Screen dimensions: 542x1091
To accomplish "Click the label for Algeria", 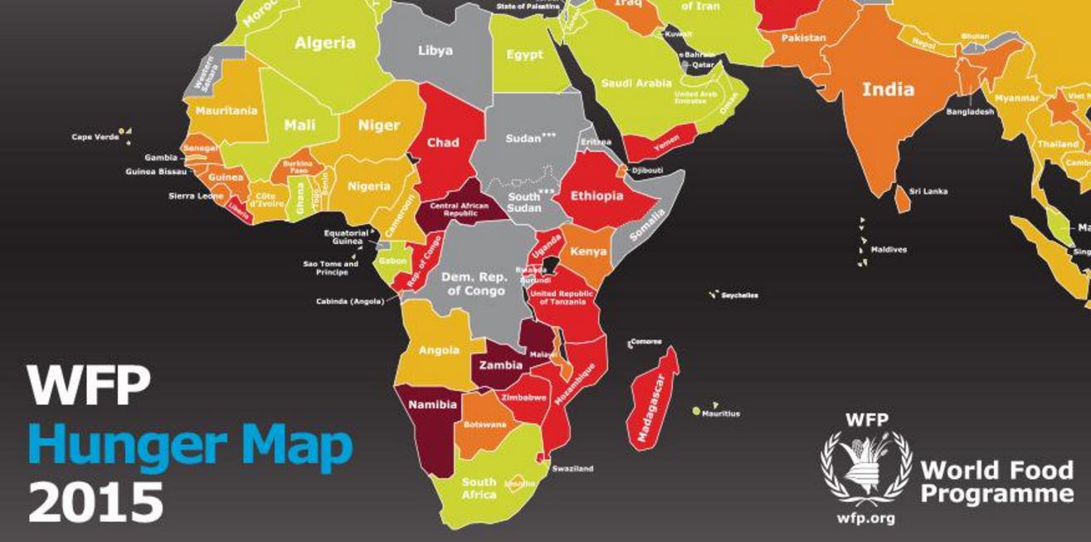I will tap(324, 43).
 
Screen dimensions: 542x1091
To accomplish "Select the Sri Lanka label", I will tap(928, 192).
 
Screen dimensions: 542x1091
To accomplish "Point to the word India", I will tap(888, 89).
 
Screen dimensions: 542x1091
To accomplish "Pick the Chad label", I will tap(443, 144).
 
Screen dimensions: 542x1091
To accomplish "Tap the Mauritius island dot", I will tap(696, 411).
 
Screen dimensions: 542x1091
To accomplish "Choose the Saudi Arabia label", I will tap(636, 83).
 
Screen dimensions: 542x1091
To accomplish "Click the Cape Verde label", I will tap(95, 137).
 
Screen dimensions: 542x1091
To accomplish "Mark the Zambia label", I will tap(501, 365).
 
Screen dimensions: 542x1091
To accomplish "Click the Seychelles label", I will tap(739, 295).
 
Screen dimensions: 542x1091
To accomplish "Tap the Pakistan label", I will tap(802, 38).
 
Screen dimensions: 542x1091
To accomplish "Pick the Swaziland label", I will tap(572, 469).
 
